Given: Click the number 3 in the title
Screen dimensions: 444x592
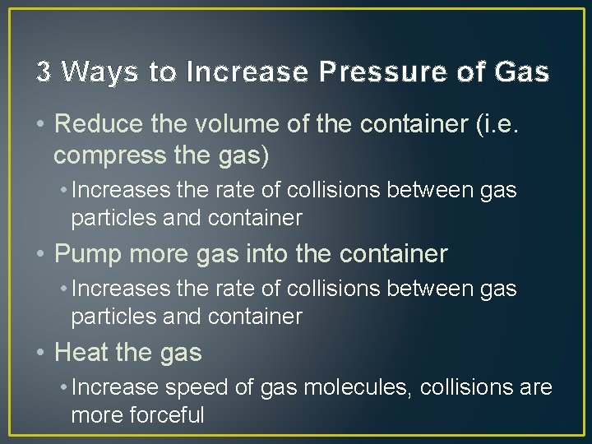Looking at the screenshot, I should click(x=44, y=73).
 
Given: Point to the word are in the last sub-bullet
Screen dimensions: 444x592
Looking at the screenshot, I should click(x=535, y=387).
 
